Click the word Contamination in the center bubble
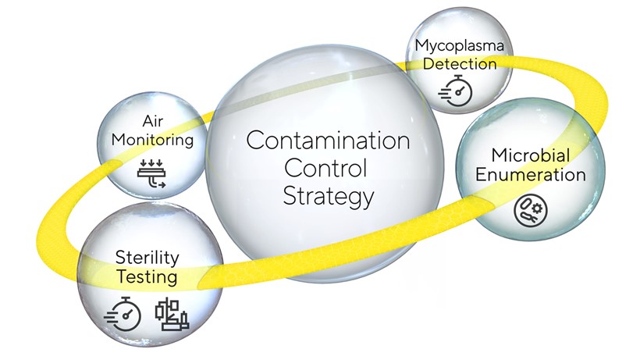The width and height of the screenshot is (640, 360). (328, 141)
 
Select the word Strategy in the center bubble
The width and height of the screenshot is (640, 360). (328, 195)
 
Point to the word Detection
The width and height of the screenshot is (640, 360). (460, 62)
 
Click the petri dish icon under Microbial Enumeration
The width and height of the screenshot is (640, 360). (527, 207)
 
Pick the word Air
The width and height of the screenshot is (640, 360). (152, 122)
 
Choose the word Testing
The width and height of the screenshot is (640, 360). (147, 276)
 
